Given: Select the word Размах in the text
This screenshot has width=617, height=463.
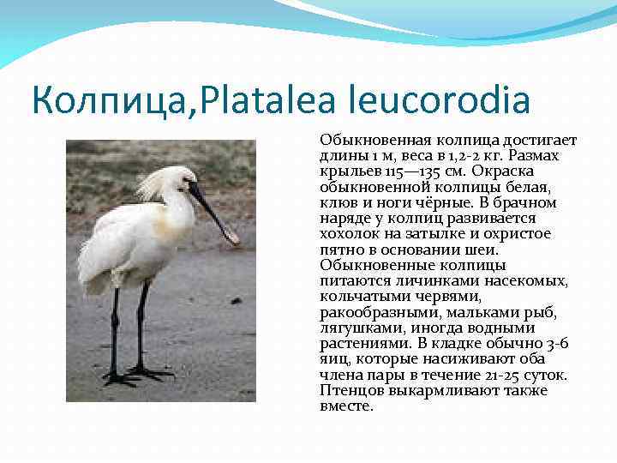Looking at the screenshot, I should click(x=530, y=155).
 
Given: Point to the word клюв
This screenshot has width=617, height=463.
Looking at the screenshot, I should click(x=336, y=202).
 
